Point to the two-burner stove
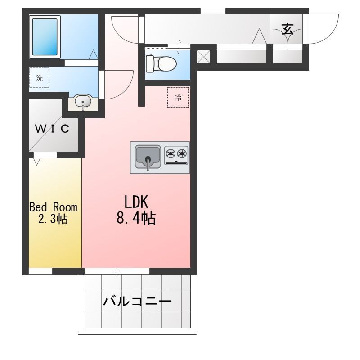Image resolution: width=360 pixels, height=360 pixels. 176,154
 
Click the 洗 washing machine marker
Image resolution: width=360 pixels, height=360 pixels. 40,77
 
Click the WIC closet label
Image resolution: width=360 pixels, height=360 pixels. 53,129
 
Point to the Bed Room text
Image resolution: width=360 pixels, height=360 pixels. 53,207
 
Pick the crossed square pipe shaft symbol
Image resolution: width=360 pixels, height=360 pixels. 204,56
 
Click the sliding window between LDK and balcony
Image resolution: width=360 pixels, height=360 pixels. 117,271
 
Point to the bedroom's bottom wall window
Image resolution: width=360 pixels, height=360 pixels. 40,271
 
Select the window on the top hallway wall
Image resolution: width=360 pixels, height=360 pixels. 213,11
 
